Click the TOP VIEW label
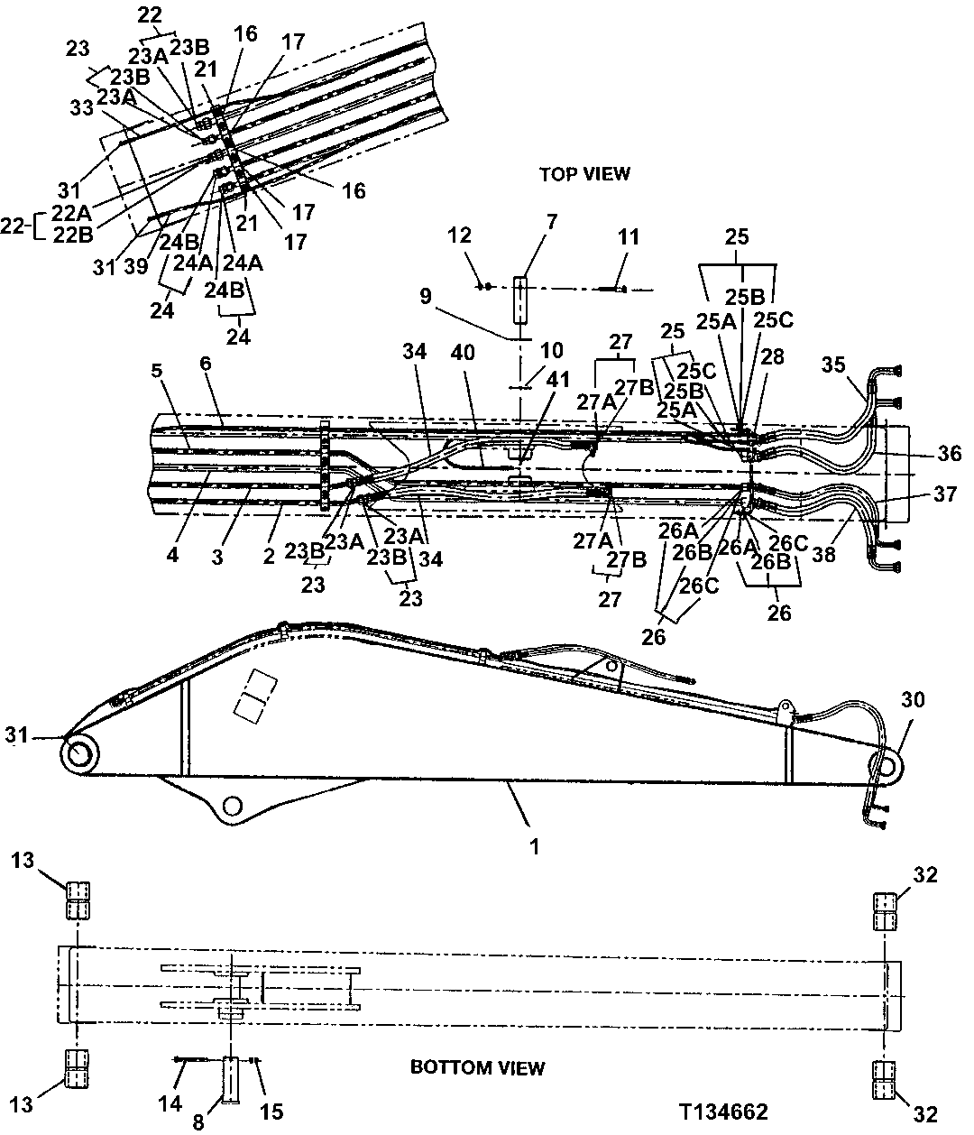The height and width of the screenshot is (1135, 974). click(583, 173)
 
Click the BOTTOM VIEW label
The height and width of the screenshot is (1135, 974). click(477, 1068)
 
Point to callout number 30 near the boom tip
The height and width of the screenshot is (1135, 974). click(913, 700)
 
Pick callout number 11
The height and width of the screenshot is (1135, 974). click(629, 237)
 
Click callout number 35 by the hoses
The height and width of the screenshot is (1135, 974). click(834, 364)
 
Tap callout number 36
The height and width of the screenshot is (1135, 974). click(948, 455)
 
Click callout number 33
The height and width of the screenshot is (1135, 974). click(83, 106)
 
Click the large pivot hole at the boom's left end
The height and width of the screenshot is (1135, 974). click(80, 753)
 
